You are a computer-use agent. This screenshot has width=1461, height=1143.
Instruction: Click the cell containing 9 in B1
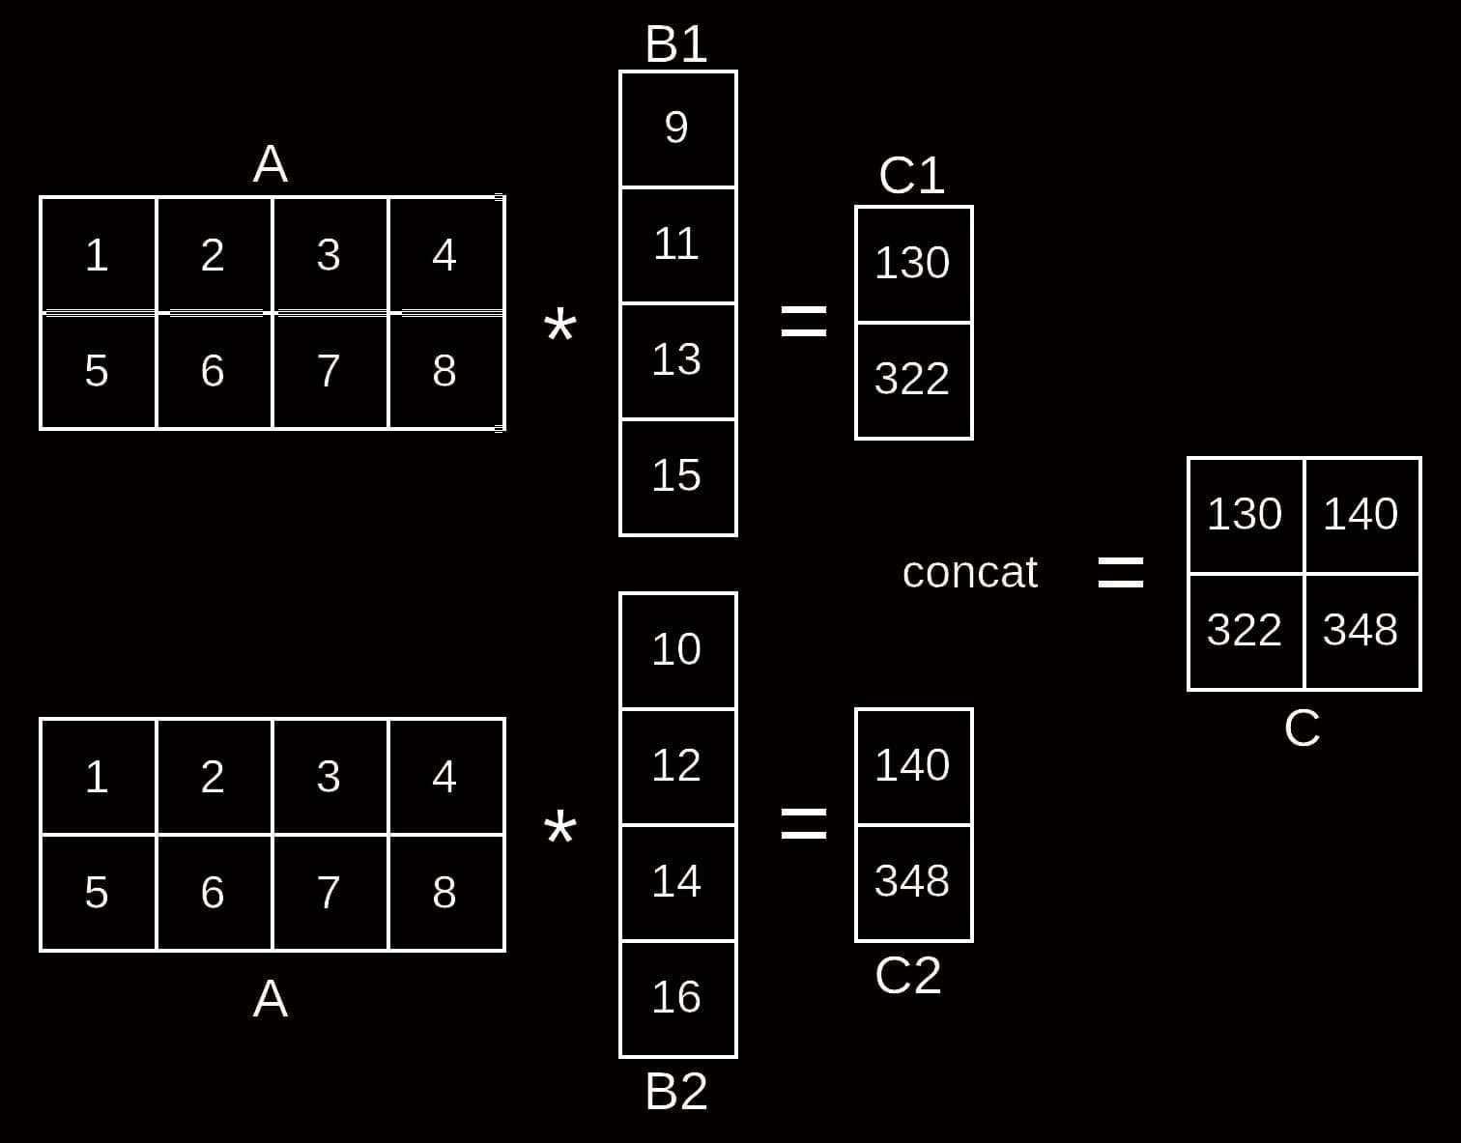tap(677, 129)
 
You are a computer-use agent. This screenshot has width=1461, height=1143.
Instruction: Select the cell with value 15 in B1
tap(677, 476)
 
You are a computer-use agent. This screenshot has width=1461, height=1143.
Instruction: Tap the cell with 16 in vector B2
tap(677, 998)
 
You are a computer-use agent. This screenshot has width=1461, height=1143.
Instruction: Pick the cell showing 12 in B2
tap(677, 766)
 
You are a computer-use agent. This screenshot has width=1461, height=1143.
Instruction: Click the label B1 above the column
tap(676, 44)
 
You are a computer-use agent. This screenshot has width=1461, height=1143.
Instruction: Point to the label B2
tap(676, 1092)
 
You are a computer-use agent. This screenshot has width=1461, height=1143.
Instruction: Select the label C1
tap(911, 176)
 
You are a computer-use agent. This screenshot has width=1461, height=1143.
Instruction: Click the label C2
tap(907, 975)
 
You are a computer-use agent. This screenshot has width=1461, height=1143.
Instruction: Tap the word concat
tap(969, 572)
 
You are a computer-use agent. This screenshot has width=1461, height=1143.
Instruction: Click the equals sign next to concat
tap(1121, 572)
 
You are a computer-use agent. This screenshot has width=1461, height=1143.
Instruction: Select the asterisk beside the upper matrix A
tap(559, 327)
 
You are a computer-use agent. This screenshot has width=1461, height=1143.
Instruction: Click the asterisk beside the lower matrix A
tap(559, 829)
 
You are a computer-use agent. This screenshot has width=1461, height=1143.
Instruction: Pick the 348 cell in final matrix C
tap(1361, 631)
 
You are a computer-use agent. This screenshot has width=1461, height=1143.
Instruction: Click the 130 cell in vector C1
tap(912, 264)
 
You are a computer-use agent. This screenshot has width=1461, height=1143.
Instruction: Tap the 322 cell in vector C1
tap(912, 380)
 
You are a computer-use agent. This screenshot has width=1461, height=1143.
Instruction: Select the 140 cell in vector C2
tap(912, 766)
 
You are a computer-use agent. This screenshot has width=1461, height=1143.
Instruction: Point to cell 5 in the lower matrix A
tap(98, 893)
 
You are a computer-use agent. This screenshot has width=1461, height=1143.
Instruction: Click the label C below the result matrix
tap(1302, 729)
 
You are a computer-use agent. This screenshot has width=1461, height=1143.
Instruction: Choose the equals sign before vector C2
tap(804, 823)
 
